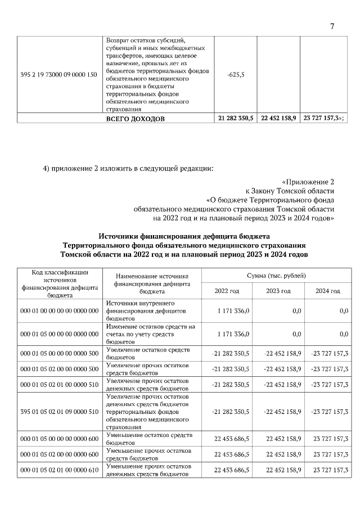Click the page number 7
tap(332, 26)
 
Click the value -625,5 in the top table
tap(236, 75)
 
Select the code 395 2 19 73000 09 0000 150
tap(59, 75)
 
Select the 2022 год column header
tap(227, 291)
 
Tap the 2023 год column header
tap(278, 291)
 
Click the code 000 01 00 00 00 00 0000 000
tap(59, 310)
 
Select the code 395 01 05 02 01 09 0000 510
tap(59, 412)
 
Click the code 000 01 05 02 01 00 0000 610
tap(59, 470)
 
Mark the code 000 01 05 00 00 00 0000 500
tap(59, 353)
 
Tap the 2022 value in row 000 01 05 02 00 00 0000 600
tap(235, 454)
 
